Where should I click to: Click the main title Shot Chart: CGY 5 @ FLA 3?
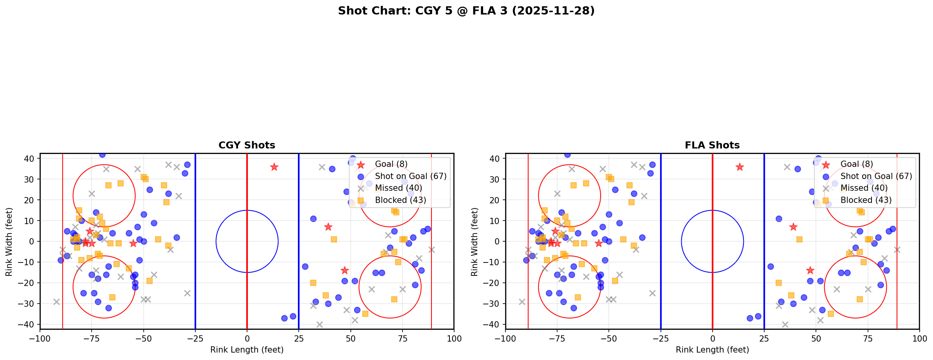pos(466,11)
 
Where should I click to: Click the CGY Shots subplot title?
pos(247,145)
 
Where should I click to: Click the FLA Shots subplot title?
pos(712,145)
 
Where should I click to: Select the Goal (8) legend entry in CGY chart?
pos(391,164)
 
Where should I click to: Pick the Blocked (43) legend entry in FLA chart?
pos(866,200)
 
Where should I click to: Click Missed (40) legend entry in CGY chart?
pos(398,188)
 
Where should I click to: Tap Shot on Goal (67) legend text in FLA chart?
pos(876,176)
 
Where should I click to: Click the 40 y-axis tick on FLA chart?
pos(495,159)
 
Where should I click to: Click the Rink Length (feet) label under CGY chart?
pos(247,350)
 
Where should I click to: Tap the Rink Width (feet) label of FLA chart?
pos(475,241)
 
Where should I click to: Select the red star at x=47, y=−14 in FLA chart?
pos(810,270)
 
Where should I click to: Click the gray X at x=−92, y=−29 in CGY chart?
pos(56,302)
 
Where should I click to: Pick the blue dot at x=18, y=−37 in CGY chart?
pos(284,318)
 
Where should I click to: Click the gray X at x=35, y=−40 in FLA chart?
pos(785,324)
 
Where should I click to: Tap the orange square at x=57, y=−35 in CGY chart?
pos(365,314)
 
